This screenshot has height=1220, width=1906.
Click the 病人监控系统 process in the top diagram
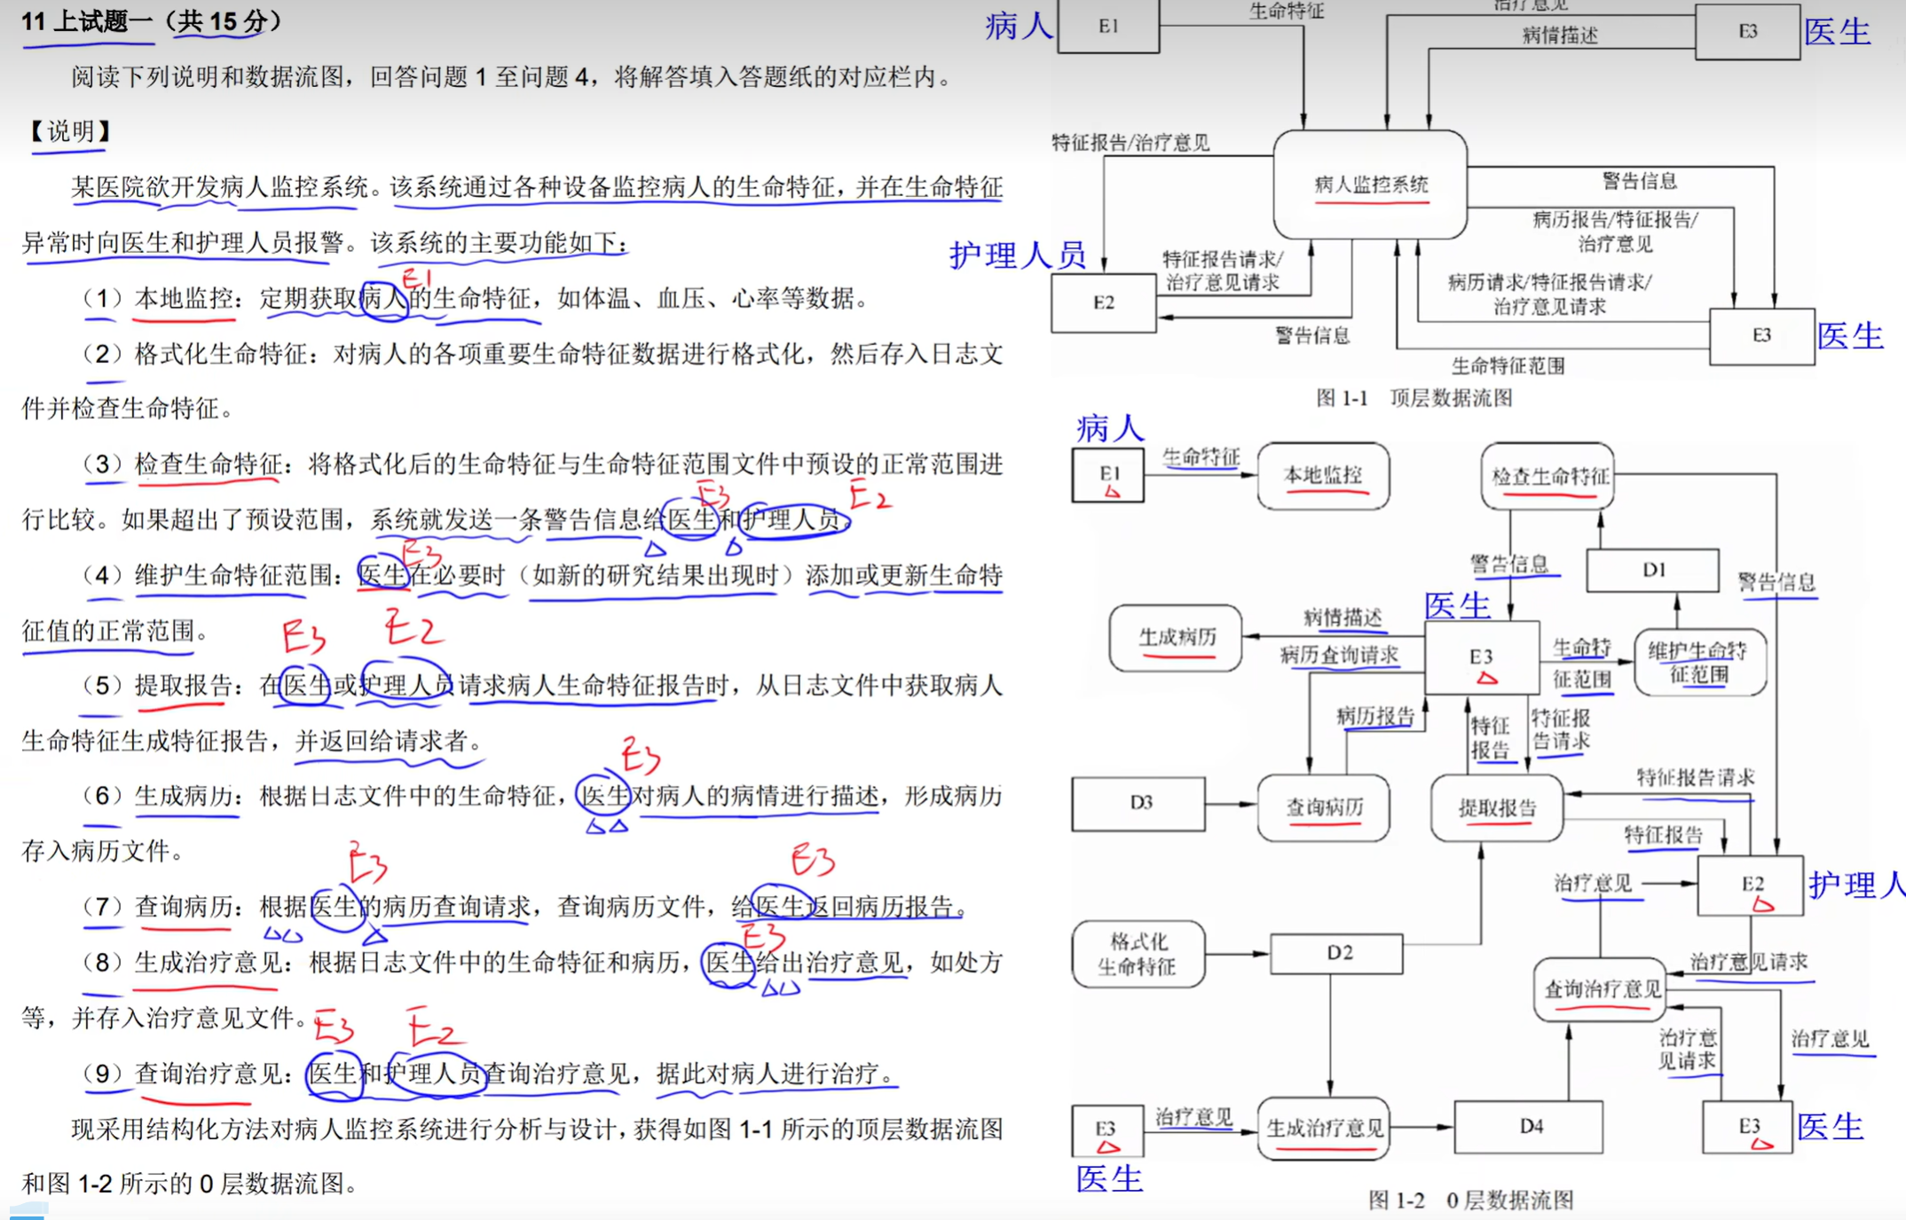coord(1370,185)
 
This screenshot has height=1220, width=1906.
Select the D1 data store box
coord(1652,570)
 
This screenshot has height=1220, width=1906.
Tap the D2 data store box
coord(1337,953)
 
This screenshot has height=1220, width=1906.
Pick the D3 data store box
coord(1139,803)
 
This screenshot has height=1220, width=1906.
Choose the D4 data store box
coord(1530,1127)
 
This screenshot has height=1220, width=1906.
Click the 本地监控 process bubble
coord(1323,476)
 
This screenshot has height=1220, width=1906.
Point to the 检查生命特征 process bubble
coord(1548,476)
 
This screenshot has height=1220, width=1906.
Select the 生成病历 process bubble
coord(1176,637)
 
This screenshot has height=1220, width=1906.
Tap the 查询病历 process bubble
coord(1323,807)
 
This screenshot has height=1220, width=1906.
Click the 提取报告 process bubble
coord(1497,807)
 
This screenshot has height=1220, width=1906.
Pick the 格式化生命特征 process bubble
coord(1138,954)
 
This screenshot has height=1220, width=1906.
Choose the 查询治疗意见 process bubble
coord(1601,988)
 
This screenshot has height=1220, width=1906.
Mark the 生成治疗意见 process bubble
coord(1324,1128)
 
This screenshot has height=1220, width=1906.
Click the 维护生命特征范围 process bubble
coord(1699,662)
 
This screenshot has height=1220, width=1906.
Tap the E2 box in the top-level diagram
coord(1104,303)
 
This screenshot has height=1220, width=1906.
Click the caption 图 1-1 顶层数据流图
coord(1414,397)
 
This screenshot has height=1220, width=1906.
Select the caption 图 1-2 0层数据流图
coord(1470,1200)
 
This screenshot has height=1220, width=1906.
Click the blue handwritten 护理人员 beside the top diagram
coord(1017,256)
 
